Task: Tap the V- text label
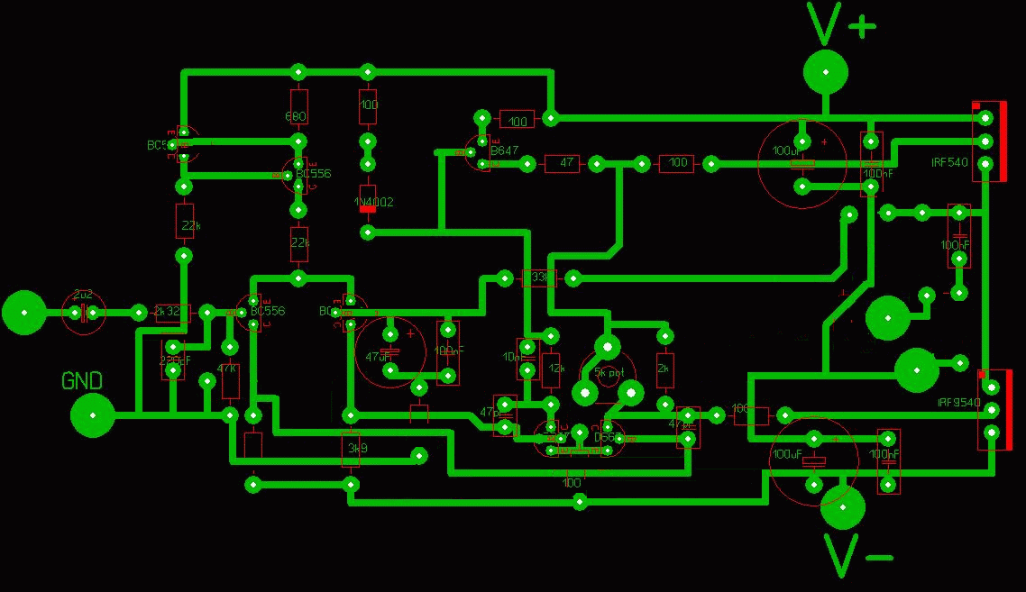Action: pos(857,555)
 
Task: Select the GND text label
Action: pos(81,380)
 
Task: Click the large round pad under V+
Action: pos(826,72)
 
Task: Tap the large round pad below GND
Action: pos(93,415)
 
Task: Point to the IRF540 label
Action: pos(949,162)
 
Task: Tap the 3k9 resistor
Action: pos(351,448)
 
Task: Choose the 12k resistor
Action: pos(552,368)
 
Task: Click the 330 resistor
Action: pos(539,278)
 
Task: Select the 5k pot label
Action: pos(609,371)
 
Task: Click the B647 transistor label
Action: pos(504,151)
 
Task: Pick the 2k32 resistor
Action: pos(172,312)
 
